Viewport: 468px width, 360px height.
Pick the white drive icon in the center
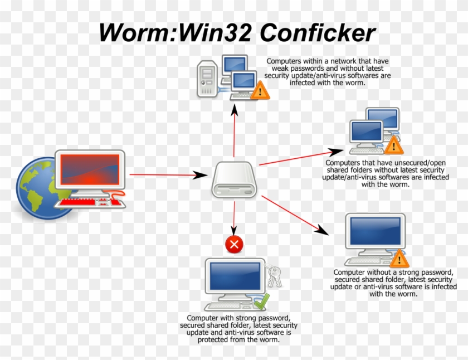click(x=234, y=179)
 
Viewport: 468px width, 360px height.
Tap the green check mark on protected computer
click(x=261, y=302)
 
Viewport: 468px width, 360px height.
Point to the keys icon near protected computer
click(x=274, y=276)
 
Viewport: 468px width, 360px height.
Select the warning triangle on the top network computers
click(x=259, y=90)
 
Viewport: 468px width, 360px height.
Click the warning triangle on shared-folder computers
click(x=393, y=144)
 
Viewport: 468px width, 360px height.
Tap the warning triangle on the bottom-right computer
click(x=399, y=259)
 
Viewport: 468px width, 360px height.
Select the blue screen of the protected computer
click(x=235, y=278)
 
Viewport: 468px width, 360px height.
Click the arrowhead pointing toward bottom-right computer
click(x=321, y=229)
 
